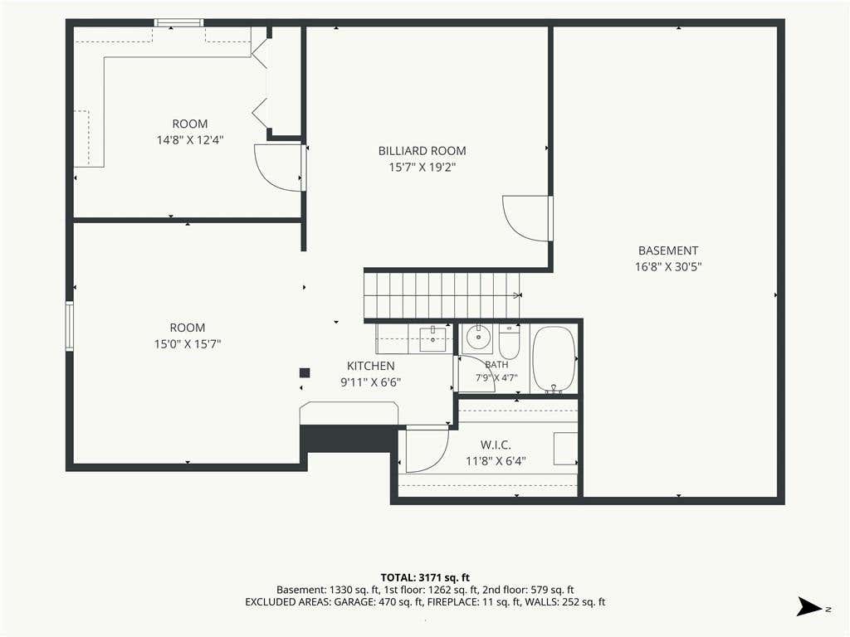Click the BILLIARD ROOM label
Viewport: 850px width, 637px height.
(x=422, y=151)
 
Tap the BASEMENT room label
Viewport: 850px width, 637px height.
(x=668, y=250)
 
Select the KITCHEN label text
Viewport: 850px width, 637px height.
(x=371, y=366)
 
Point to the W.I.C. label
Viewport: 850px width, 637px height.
(x=496, y=445)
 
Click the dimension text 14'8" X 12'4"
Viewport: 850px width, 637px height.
(x=190, y=139)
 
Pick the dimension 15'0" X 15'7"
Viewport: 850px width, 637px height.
(x=188, y=343)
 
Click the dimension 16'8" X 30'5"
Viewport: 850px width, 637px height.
(x=668, y=266)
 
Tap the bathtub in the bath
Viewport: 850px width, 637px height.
(x=554, y=359)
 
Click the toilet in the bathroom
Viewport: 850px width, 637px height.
(x=510, y=341)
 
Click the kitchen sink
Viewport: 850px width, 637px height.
(x=433, y=339)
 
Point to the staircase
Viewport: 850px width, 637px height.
(x=442, y=295)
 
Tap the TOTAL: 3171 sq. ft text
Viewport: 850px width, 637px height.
(x=425, y=577)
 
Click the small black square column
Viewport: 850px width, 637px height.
(x=305, y=372)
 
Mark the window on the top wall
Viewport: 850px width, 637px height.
(x=179, y=22)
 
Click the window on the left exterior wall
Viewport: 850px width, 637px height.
(x=70, y=326)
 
